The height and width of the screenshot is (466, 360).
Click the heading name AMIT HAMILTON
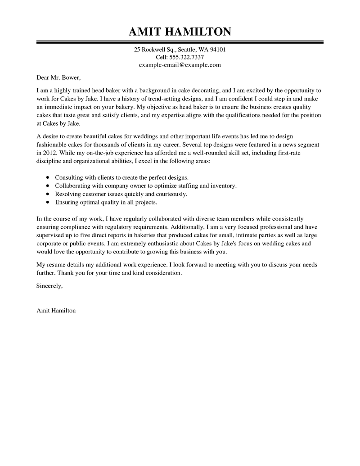(180, 32)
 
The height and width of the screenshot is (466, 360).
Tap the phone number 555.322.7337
(187, 57)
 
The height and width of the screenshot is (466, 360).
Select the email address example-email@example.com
(180, 65)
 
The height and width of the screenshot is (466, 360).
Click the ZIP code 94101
(216, 50)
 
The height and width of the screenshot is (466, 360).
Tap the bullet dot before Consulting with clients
(48, 177)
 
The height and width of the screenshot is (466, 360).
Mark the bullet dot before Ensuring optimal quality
(48, 203)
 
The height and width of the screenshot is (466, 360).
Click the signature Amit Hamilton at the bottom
(56, 311)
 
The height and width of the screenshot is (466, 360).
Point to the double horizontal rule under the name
(180, 42)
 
